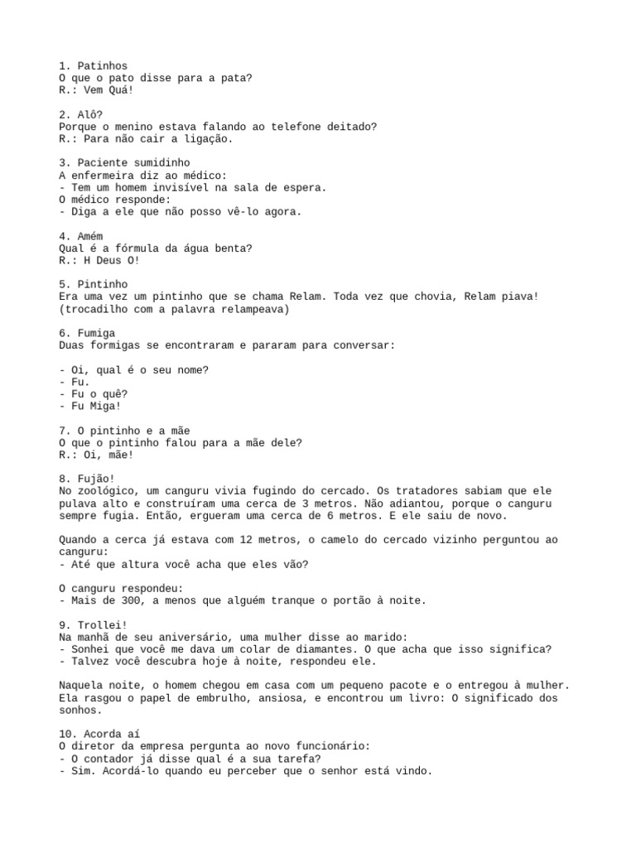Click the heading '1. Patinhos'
pos(94,65)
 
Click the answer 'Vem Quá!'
pos(107,89)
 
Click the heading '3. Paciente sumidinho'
pos(124,163)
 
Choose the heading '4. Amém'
pos(81,236)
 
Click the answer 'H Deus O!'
pos(110,260)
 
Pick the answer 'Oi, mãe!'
pos(107,455)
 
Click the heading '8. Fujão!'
pos(87,479)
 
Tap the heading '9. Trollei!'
pos(94,624)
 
